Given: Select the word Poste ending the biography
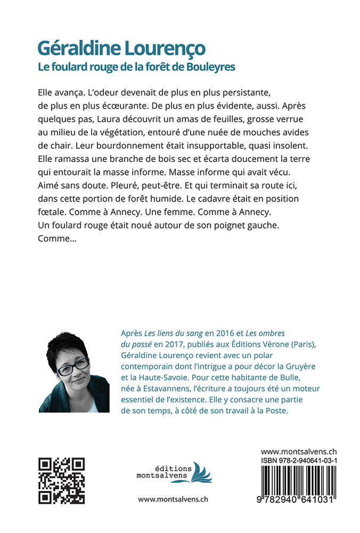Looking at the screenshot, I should (x=275, y=411).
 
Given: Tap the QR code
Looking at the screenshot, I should (x=62, y=481).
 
